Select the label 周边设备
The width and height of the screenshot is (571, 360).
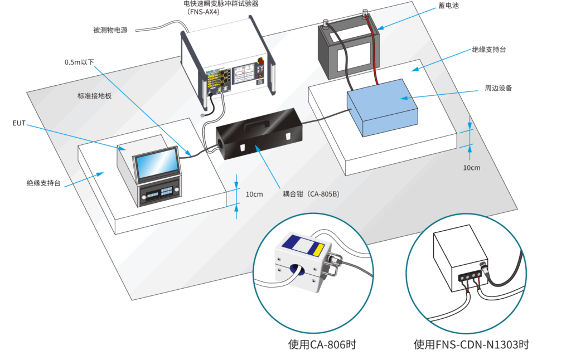point(499,88)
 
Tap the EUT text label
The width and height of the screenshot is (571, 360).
point(19,123)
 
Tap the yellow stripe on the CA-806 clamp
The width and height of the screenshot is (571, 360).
point(318,247)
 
